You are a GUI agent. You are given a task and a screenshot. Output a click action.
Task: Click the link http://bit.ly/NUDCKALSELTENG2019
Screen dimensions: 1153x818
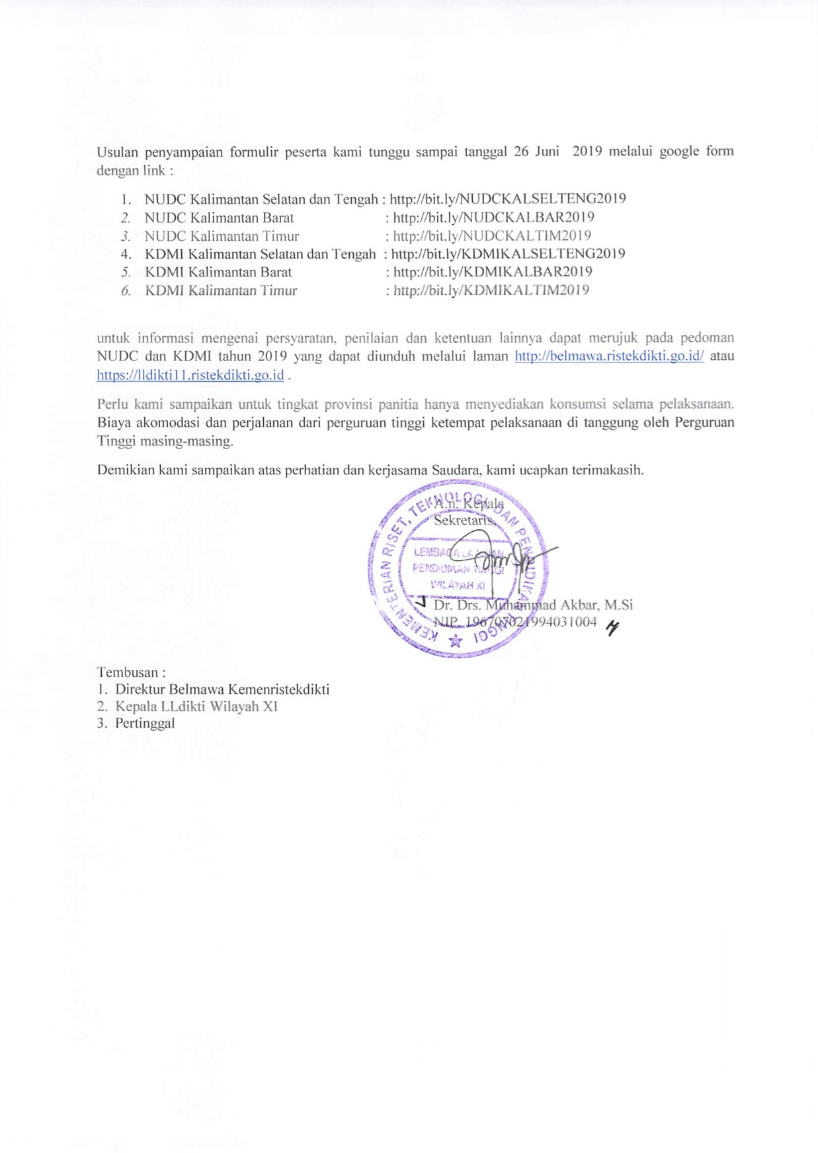click(x=508, y=198)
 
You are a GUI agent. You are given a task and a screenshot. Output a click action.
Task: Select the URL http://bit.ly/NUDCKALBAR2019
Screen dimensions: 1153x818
click(x=493, y=218)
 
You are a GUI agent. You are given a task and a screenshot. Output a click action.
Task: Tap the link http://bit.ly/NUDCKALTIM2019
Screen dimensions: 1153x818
click(x=492, y=236)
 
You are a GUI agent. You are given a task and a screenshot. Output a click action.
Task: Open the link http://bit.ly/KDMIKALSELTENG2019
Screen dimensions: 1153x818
click(x=508, y=254)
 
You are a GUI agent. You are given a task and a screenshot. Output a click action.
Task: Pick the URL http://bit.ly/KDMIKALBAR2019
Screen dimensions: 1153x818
click(x=493, y=272)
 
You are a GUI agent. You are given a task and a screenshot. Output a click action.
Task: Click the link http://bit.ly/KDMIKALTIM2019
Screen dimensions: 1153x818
click(x=491, y=290)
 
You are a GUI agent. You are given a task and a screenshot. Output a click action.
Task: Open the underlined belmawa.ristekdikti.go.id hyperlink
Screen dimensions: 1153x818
click(x=609, y=356)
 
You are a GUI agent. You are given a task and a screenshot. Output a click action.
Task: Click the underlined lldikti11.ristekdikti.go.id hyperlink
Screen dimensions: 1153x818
click(x=190, y=375)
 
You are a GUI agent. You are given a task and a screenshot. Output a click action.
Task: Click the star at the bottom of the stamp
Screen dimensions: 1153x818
click(x=455, y=640)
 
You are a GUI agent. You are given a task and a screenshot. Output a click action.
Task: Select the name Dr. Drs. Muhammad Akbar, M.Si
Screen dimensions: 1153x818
click(x=533, y=605)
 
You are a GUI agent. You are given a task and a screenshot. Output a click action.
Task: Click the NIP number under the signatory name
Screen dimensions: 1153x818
click(x=515, y=622)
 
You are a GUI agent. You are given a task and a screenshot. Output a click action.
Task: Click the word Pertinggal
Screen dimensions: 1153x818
click(x=145, y=723)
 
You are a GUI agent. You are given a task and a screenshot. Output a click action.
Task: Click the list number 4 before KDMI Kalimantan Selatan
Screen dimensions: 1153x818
click(x=126, y=254)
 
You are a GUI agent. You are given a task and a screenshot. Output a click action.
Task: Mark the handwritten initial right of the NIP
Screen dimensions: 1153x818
click(x=613, y=629)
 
